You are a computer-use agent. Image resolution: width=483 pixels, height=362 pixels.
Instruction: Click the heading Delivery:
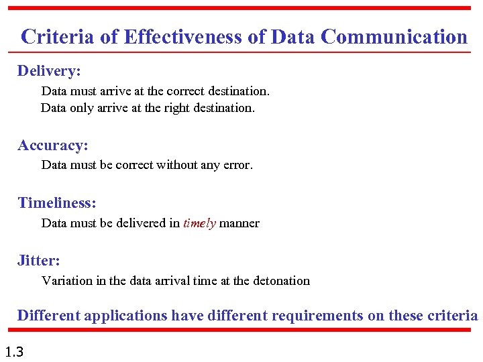pos(49,70)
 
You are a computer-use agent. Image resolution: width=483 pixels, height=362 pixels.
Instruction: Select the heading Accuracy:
pos(53,145)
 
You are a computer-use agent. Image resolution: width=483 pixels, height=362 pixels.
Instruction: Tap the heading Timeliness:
pos(57,202)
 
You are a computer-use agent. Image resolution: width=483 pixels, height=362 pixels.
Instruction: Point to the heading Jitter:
pos(39,260)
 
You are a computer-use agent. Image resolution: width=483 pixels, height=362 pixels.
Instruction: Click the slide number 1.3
pos(13,351)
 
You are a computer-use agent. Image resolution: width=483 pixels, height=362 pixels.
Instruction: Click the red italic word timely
pos(199,223)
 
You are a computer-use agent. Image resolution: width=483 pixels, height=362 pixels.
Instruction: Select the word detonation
pos(281,281)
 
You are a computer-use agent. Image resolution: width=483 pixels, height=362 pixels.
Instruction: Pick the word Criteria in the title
pos(58,36)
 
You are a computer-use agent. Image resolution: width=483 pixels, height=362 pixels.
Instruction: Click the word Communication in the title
pos(394,36)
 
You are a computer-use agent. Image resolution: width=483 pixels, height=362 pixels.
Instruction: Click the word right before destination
pos(160,107)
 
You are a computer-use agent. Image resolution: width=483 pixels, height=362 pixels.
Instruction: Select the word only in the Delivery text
pos(83,107)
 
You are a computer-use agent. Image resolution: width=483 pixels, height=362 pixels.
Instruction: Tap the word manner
pos(239,223)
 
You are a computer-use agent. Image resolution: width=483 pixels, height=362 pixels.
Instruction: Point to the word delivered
pos(138,223)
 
